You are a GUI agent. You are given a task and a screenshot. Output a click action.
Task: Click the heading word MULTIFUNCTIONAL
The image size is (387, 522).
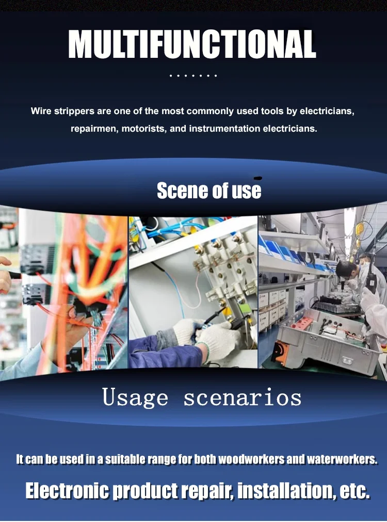192,44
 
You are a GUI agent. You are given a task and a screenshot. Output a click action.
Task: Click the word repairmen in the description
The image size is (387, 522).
95,129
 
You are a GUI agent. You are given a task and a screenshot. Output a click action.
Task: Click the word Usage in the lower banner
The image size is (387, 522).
135,398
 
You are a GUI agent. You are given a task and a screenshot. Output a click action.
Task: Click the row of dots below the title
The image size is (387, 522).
193,76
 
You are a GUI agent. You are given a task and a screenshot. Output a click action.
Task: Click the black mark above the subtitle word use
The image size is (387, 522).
257,179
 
